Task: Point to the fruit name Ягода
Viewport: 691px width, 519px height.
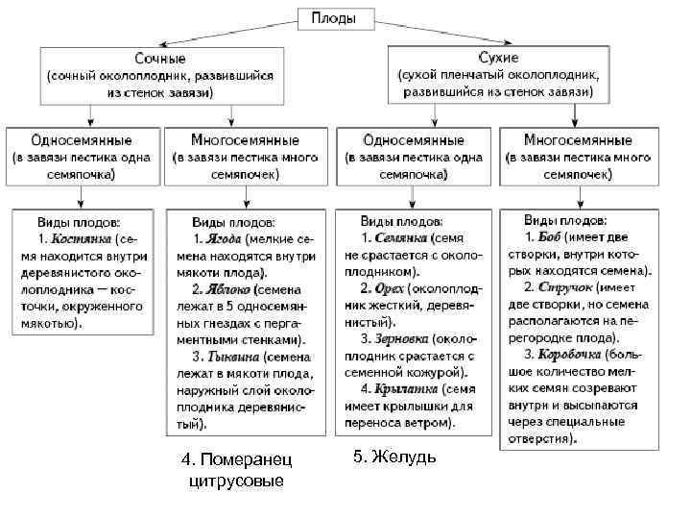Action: pyautogui.click(x=222, y=238)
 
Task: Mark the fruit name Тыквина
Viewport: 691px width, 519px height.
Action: pyautogui.click(x=233, y=355)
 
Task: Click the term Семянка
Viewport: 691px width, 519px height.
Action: pyautogui.click(x=400, y=237)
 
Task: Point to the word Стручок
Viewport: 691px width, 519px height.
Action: pyautogui.click(x=565, y=286)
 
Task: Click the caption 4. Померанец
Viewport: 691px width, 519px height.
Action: pyautogui.click(x=235, y=460)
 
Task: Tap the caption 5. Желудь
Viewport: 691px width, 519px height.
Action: pyautogui.click(x=394, y=457)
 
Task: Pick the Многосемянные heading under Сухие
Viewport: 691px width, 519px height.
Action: pyautogui.click(x=579, y=140)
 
